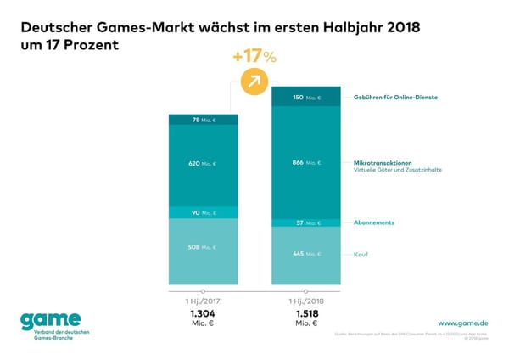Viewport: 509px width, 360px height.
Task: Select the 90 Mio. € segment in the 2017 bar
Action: [203, 212]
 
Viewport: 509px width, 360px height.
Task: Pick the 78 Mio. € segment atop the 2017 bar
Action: [203, 120]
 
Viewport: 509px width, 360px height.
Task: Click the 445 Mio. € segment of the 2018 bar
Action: [305, 254]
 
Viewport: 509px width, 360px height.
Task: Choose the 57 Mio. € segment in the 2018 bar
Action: [305, 222]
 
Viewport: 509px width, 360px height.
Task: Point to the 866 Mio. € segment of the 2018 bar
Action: [305, 161]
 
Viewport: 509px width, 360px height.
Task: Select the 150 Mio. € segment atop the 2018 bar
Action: [305, 98]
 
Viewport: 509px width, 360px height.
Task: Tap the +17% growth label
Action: [254, 57]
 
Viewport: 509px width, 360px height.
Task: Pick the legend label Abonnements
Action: [374, 222]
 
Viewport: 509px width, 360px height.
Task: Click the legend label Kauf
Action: [360, 254]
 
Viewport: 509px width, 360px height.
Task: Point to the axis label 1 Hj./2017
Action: [203, 301]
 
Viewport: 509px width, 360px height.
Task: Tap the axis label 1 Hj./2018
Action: [305, 301]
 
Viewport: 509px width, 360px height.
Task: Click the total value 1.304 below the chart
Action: [203, 313]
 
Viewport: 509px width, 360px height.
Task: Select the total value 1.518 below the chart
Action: [305, 313]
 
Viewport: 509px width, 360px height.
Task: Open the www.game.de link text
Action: [462, 323]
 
